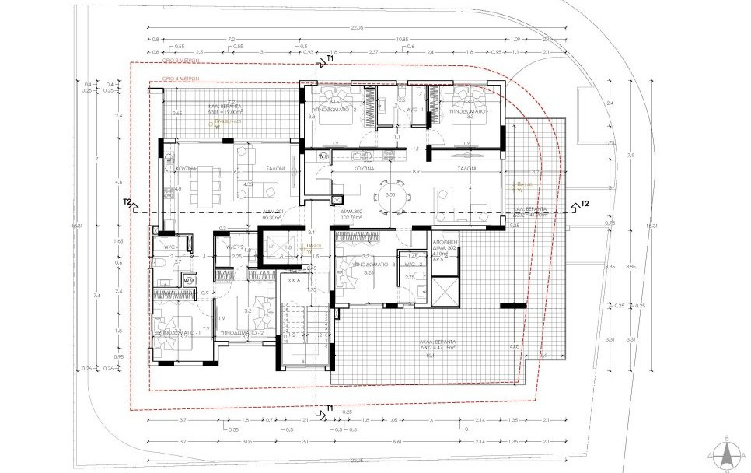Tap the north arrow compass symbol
coord(725,453)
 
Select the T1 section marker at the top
coord(330,59)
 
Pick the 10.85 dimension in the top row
coord(401,38)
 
